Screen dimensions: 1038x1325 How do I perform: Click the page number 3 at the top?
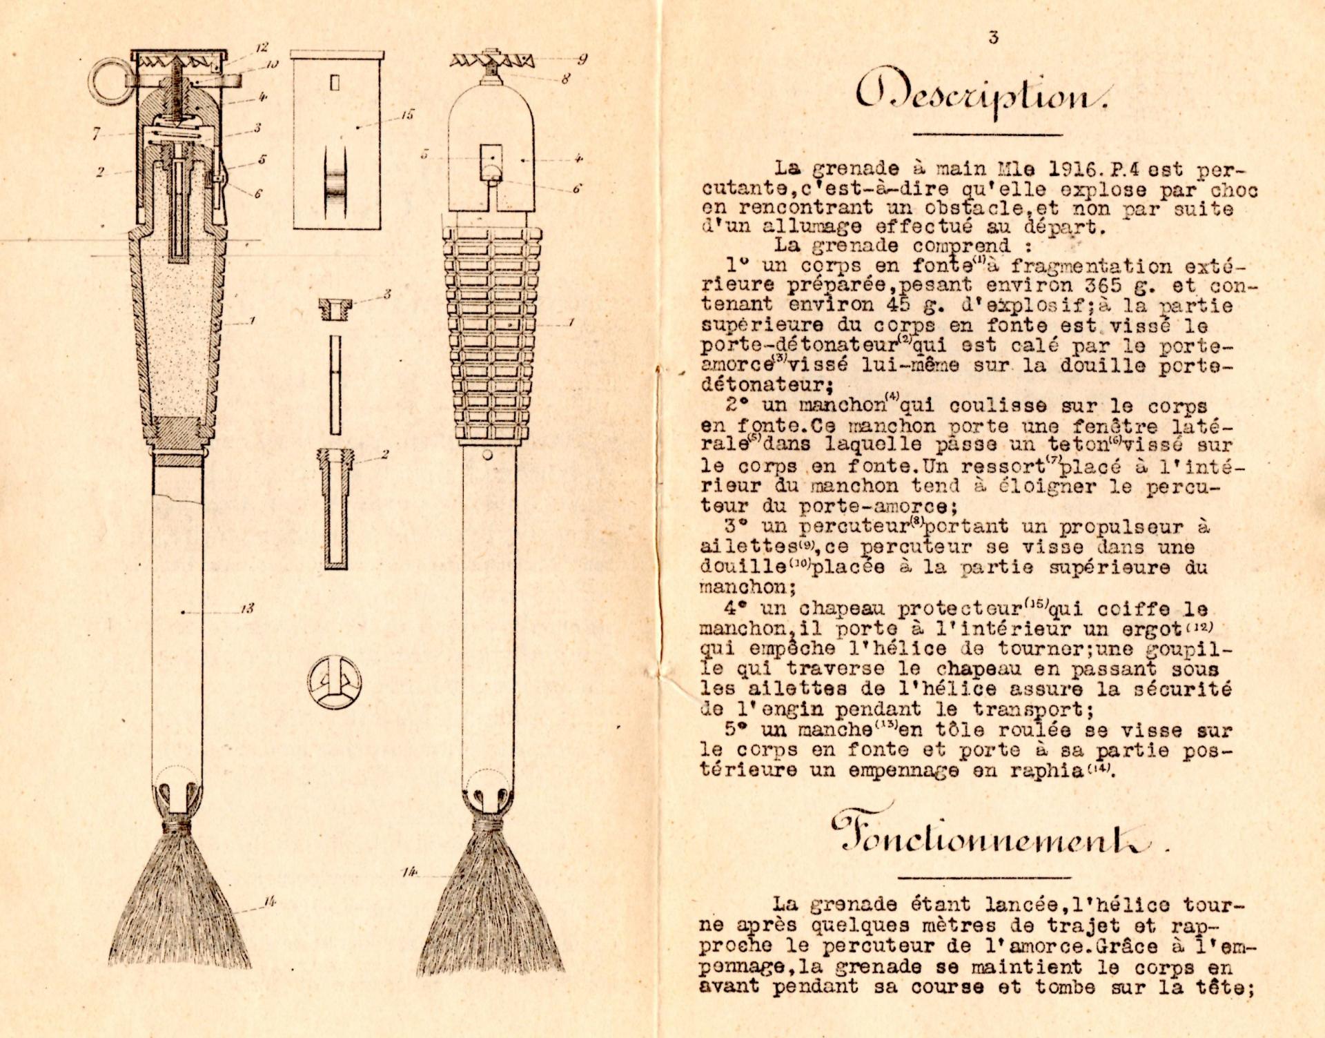pos(993,37)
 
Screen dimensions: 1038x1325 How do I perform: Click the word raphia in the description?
pos(1049,770)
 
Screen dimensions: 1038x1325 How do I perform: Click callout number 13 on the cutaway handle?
pos(246,608)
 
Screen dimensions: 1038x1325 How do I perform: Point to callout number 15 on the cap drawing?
pos(407,115)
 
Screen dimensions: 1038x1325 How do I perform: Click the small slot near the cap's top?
pos(335,84)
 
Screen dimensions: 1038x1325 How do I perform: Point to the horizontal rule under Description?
pos(988,134)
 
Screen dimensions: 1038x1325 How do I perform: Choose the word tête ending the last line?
pos(1224,987)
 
